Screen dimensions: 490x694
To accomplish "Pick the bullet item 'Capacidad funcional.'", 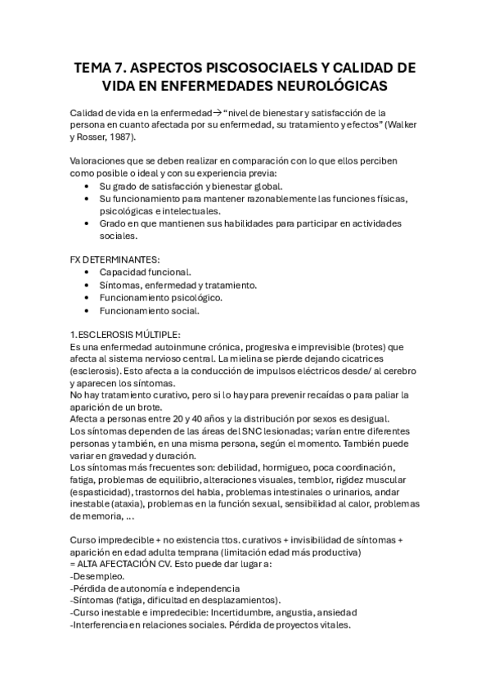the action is (x=146, y=272).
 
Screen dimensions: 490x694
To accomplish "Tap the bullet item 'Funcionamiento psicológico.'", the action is (x=160, y=298).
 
